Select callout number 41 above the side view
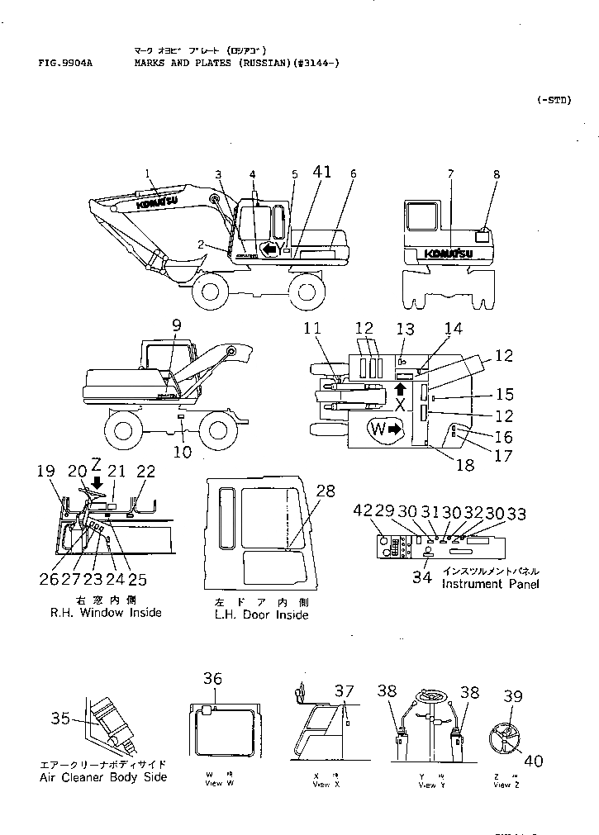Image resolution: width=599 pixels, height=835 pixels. click(x=322, y=172)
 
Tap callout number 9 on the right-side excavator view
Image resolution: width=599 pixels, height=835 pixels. click(x=175, y=326)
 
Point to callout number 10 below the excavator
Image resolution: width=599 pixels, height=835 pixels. click(x=182, y=452)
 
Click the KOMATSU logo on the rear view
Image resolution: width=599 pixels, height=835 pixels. click(x=449, y=253)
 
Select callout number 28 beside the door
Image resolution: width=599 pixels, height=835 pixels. click(x=326, y=491)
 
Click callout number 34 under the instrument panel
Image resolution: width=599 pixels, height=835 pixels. click(x=422, y=577)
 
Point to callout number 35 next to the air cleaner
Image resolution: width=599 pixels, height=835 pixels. click(x=60, y=719)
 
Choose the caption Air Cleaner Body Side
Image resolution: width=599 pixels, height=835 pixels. click(x=103, y=777)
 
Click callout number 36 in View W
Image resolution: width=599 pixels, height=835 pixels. click(x=212, y=678)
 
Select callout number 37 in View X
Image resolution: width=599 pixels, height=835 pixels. click(x=344, y=690)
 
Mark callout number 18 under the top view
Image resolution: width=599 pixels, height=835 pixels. click(x=465, y=465)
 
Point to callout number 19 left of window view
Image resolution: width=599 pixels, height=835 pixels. click(x=45, y=472)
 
